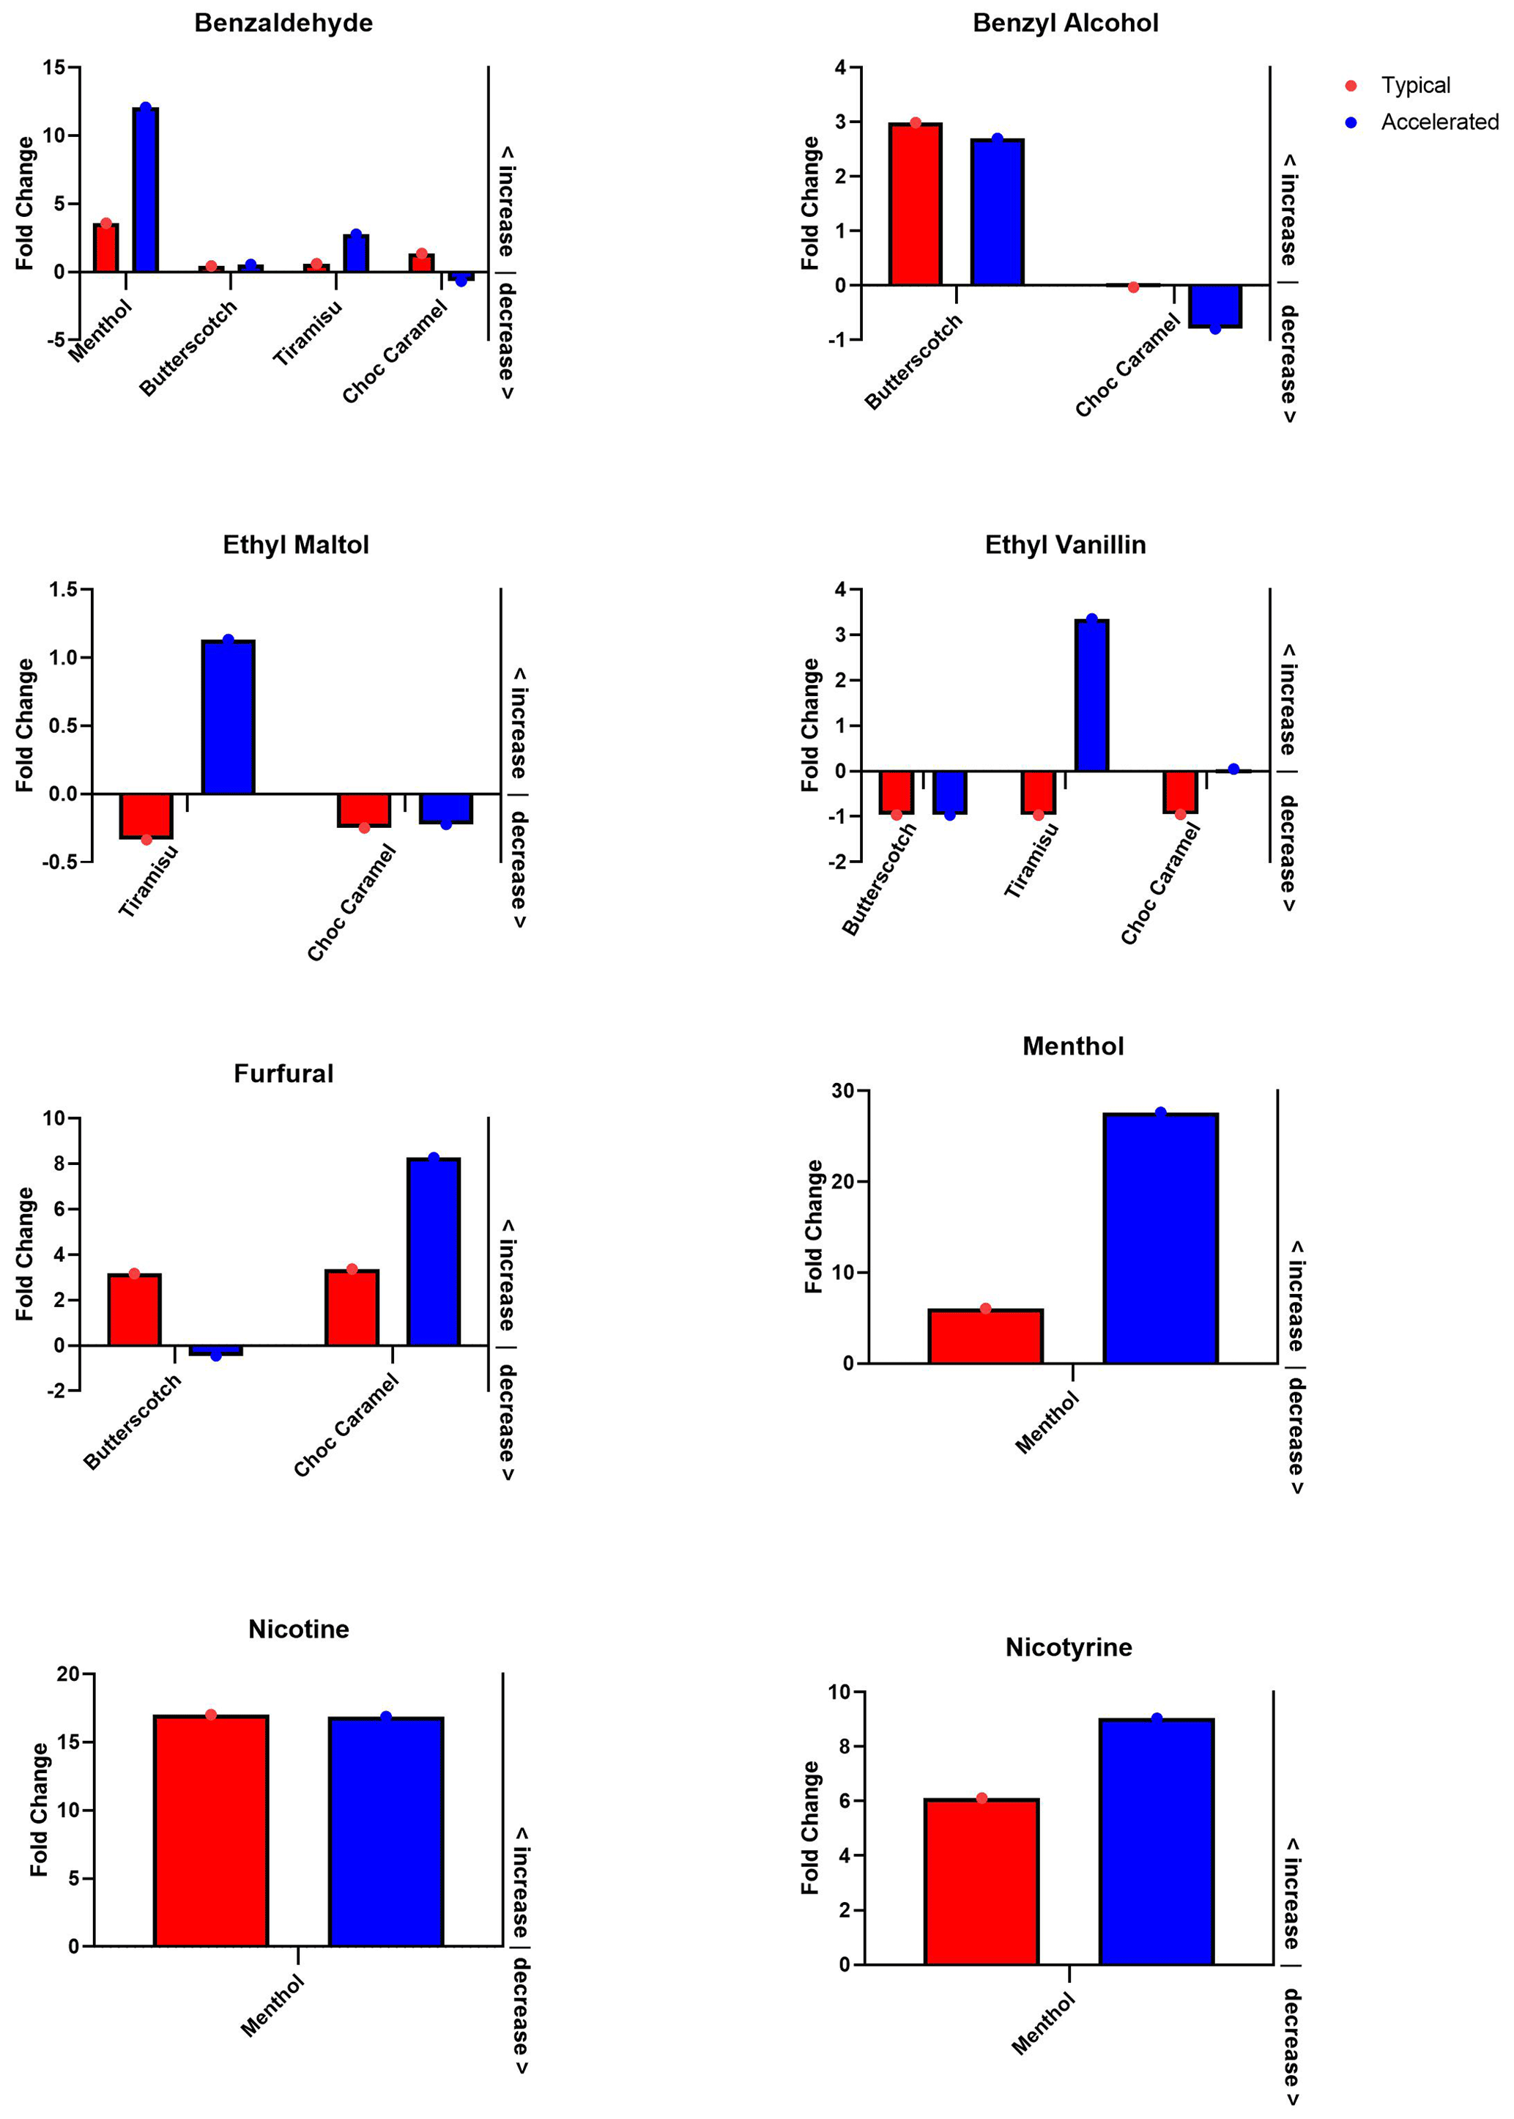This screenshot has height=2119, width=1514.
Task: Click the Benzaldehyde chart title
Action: click(283, 23)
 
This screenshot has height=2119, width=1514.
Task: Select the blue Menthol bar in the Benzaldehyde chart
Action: click(146, 191)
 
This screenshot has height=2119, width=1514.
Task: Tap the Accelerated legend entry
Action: click(1439, 122)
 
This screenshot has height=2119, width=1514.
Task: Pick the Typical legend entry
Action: click(1414, 86)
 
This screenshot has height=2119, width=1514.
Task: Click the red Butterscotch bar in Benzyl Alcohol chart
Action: click(915, 204)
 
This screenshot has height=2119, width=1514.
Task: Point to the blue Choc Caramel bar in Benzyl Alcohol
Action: click(1214, 306)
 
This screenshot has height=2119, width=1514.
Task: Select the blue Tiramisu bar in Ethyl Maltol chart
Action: click(229, 717)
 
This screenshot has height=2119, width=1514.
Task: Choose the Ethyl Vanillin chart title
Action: click(1065, 544)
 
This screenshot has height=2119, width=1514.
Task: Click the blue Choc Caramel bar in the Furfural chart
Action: click(434, 1251)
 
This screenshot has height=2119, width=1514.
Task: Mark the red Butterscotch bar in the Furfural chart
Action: click(134, 1309)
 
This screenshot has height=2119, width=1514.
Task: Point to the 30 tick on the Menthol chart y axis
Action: click(843, 1091)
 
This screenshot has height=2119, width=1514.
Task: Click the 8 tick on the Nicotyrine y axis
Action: click(845, 1746)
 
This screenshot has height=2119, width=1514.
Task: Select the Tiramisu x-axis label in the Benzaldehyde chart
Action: click(308, 333)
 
